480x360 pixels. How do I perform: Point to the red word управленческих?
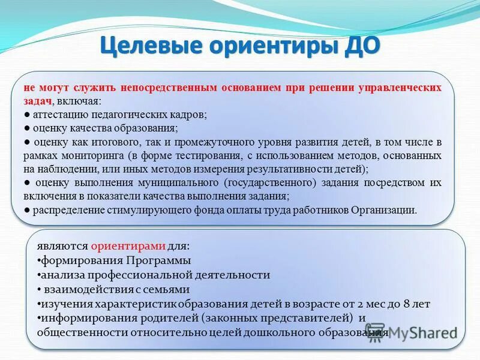pos(400,88)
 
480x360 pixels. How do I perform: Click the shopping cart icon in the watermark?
pos(375,332)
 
